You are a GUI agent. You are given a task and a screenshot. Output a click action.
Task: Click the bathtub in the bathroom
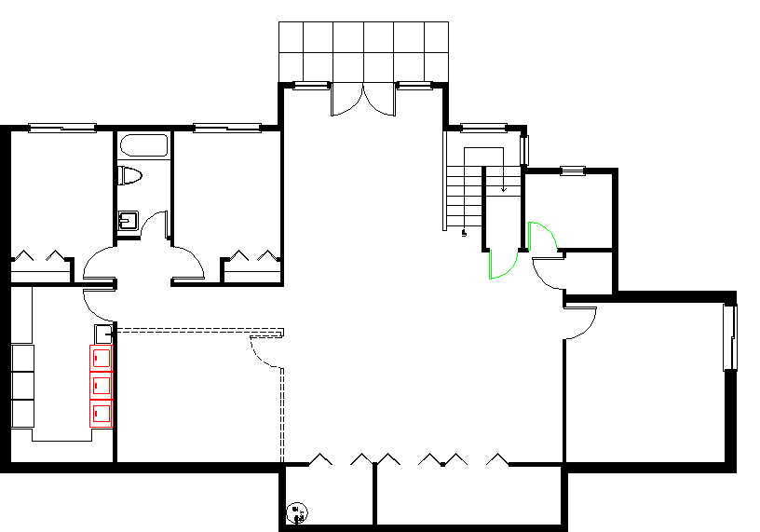143,146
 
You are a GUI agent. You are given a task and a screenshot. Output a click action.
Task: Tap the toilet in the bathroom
129,175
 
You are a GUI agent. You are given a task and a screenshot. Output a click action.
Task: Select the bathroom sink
128,220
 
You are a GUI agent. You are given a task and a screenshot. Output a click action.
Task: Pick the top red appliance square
102,356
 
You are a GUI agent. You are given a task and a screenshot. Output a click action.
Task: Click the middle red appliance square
102,384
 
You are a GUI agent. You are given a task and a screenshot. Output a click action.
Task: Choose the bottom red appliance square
102,412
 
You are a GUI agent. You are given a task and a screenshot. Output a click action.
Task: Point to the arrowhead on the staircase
504,190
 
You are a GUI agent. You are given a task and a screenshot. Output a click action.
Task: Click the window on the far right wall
730,336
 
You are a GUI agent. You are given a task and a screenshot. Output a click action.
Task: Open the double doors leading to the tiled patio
363,100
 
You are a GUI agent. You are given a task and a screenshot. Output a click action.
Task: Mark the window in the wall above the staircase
484,127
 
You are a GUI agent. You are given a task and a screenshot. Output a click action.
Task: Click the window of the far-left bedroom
62,128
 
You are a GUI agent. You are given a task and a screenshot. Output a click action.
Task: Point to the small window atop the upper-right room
573,171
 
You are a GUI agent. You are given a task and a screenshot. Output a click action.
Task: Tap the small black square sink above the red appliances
102,333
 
